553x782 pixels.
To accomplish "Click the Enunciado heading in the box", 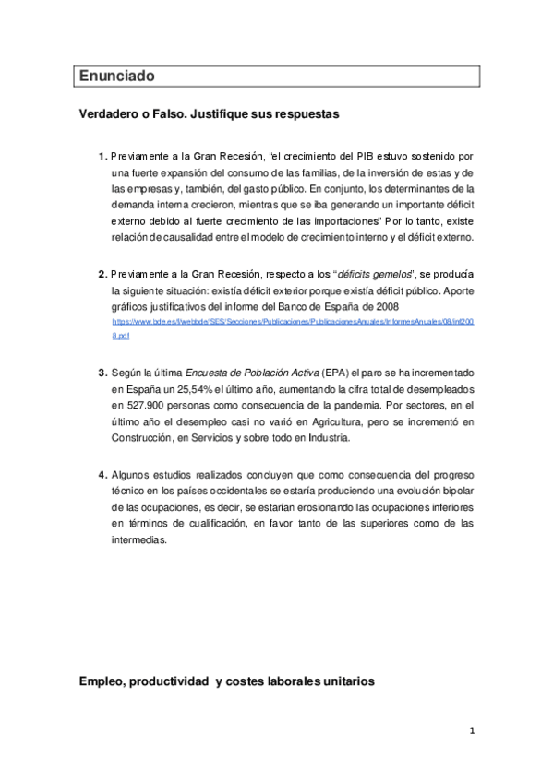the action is [116, 75].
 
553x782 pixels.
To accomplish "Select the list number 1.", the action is [102, 156].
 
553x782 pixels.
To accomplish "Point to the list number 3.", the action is [102, 372].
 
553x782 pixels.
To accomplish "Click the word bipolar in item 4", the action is [455, 491].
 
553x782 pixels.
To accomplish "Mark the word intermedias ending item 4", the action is [138, 540].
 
